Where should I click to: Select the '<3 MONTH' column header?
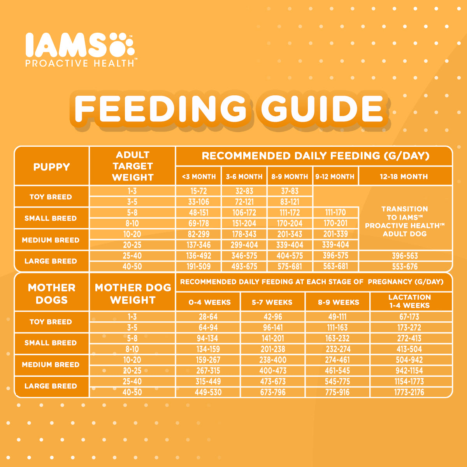(x=198, y=177)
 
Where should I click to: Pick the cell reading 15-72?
(x=198, y=191)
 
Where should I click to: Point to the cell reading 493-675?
(x=244, y=267)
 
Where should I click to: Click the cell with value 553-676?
(x=405, y=267)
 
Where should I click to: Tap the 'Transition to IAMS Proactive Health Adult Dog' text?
(x=405, y=221)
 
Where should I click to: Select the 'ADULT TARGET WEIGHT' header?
(x=132, y=166)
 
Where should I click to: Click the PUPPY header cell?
(x=51, y=167)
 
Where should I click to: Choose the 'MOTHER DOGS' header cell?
(x=51, y=294)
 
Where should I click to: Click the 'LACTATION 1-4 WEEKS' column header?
(x=409, y=302)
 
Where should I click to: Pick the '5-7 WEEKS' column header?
(x=272, y=302)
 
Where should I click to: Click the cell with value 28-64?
(x=208, y=317)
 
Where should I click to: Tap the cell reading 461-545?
(x=337, y=371)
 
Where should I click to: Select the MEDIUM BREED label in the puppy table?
(x=51, y=240)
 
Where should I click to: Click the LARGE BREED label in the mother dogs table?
(x=51, y=386)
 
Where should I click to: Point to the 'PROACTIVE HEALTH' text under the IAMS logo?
(x=80, y=63)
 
